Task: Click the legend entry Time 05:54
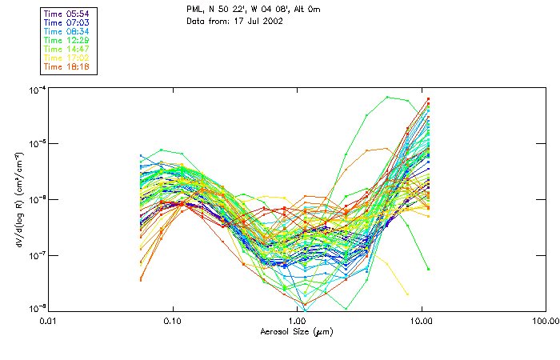67,14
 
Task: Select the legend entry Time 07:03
67,22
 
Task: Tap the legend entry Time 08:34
67,31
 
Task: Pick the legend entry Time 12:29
67,40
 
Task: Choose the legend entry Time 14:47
67,49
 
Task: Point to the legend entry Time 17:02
67,58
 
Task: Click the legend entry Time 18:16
67,66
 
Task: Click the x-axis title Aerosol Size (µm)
297,331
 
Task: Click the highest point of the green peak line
387,98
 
